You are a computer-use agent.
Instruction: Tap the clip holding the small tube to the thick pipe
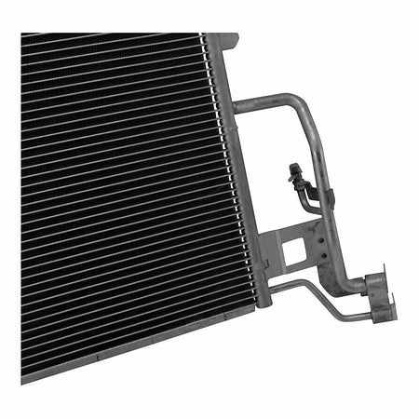[x=326, y=196]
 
